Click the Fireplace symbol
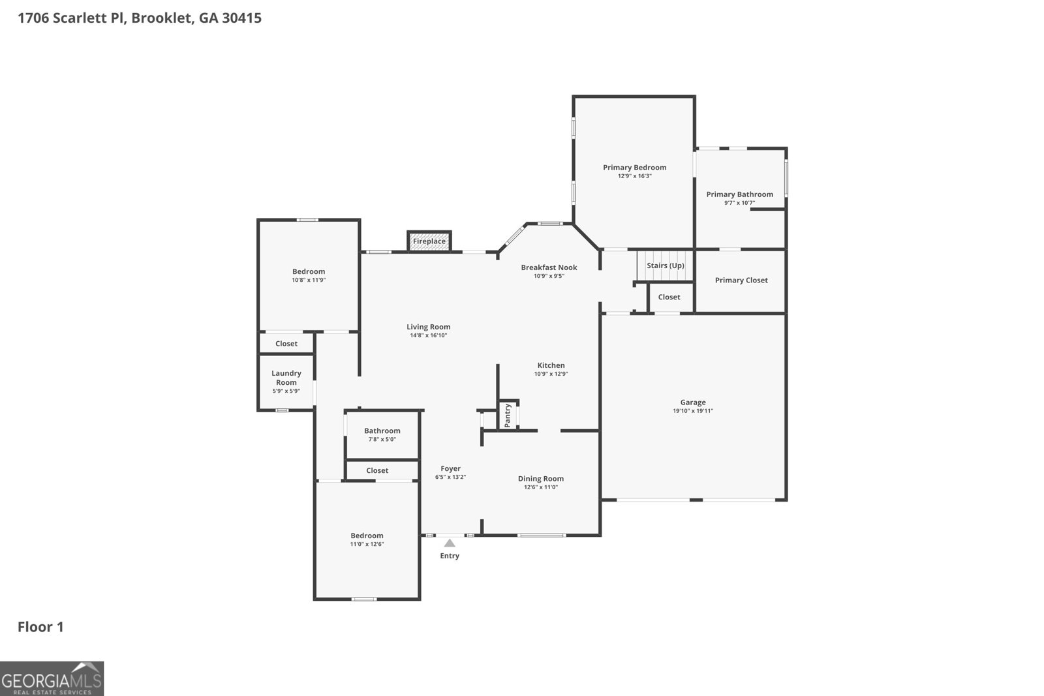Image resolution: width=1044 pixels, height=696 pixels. point(429,241)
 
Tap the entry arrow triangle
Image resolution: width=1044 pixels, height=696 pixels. point(450,543)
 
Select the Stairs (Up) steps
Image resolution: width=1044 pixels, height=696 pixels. point(665,265)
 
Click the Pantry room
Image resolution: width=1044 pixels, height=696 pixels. point(508,416)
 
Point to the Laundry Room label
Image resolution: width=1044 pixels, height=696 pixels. point(286,378)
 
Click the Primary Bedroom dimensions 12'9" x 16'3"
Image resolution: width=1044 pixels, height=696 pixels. point(634,176)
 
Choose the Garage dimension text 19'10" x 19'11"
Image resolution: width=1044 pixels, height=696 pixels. point(692,411)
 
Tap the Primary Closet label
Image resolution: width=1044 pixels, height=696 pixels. point(741,280)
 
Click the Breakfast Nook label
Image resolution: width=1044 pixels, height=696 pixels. point(549,267)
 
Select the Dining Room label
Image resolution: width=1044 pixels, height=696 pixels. point(540,479)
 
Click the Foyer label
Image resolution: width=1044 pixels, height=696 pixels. point(450,468)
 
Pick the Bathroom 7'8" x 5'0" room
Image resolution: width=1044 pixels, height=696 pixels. point(382,434)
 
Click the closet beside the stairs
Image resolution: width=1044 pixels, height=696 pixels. point(669,297)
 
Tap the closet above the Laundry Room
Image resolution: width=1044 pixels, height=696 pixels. point(286,344)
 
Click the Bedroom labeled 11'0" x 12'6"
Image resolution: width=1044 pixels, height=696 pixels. point(367,539)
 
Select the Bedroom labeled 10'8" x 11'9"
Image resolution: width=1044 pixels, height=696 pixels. point(308,275)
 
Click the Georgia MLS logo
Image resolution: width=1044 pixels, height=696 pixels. point(52,679)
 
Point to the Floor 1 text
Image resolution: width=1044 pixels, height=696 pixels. point(40,628)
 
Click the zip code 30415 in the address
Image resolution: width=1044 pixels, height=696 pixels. point(241,18)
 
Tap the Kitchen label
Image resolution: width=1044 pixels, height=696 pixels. point(551,365)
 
